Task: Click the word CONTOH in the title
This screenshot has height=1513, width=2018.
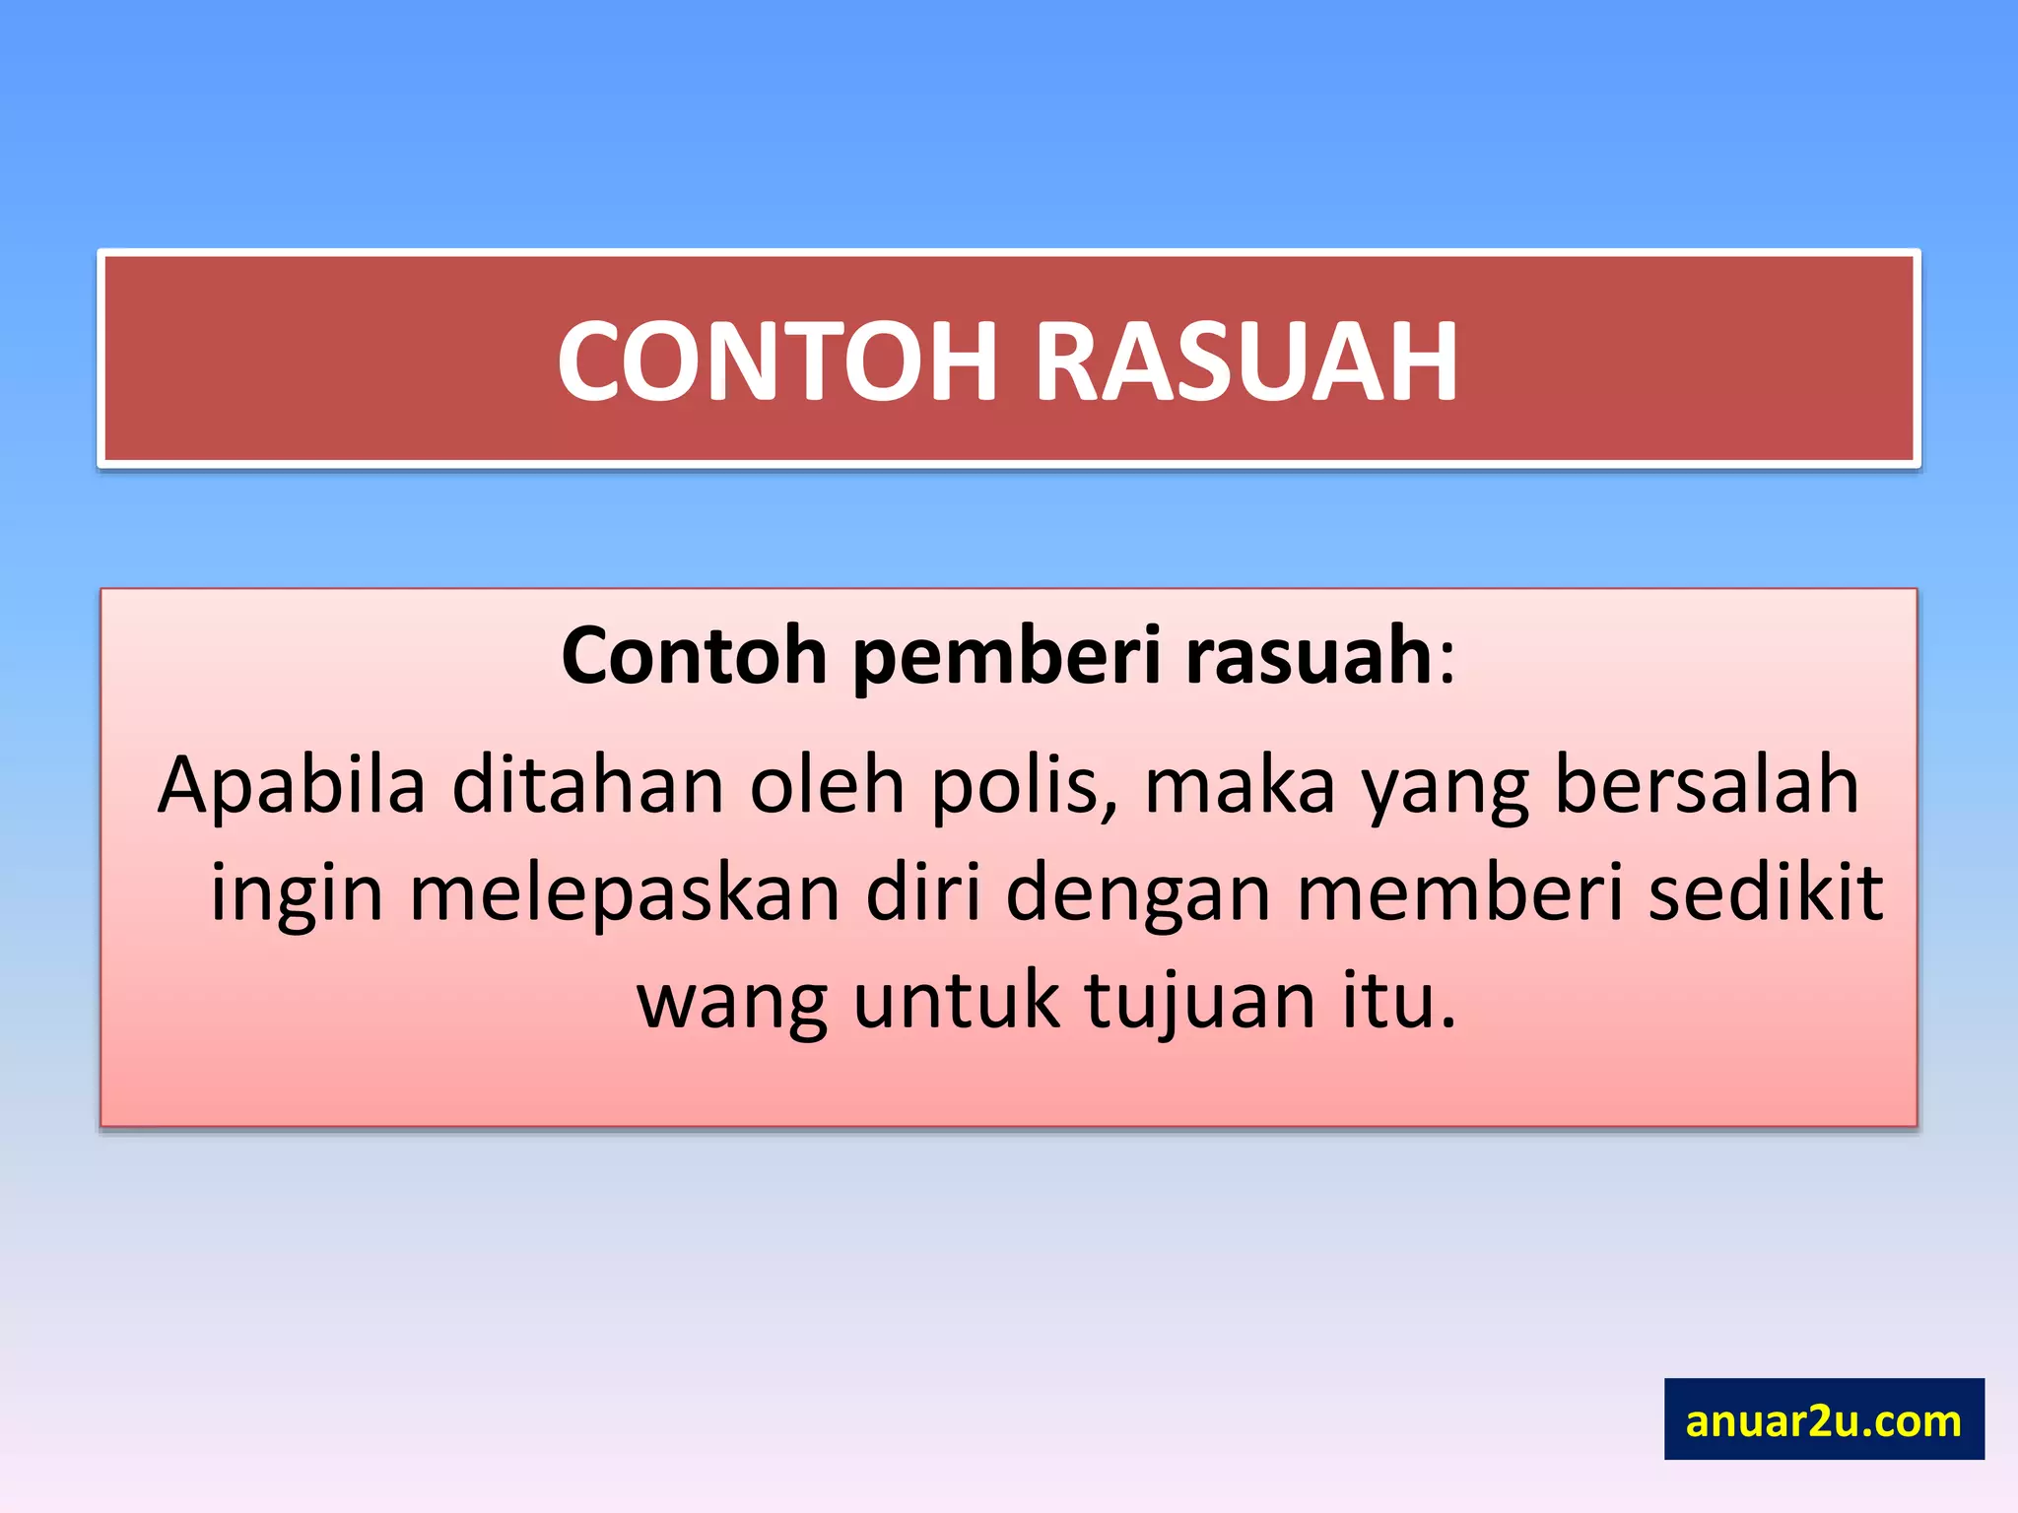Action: point(778,362)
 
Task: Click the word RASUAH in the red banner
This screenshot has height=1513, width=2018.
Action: point(1245,362)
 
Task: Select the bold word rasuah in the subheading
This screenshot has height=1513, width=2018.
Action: point(1309,656)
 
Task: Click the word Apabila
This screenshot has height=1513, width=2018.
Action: point(292,786)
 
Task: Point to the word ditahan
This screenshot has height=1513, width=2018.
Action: point(588,784)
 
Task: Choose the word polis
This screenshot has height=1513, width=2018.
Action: point(1023,786)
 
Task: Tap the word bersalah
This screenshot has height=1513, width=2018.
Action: point(1706,784)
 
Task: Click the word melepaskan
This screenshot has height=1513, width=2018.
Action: point(625,892)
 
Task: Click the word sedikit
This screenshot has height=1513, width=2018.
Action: point(1766,892)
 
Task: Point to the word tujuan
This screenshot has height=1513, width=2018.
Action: point(1200,1001)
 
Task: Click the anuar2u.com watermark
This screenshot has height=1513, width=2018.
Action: point(1823,1419)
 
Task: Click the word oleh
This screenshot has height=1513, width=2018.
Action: point(827,784)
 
